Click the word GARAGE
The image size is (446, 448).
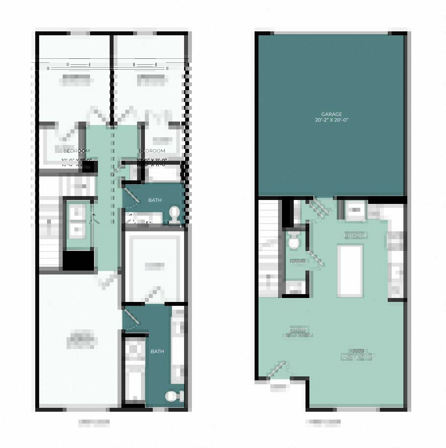pyautogui.click(x=331, y=114)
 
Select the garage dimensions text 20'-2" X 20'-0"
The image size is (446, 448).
pyautogui.click(x=331, y=120)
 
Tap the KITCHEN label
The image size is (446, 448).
pyautogui.click(x=355, y=236)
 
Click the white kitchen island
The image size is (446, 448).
pyautogui.click(x=350, y=271)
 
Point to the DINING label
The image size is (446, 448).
pyautogui.click(x=299, y=329)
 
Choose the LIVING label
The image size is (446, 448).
pyautogui.click(x=357, y=351)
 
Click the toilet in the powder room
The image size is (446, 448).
pyautogui.click(x=294, y=241)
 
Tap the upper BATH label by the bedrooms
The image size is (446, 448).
pyautogui.click(x=155, y=200)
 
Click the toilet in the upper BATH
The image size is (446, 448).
pyautogui.click(x=174, y=214)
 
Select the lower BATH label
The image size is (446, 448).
pyautogui.click(x=157, y=351)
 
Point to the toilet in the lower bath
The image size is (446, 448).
pyautogui.click(x=173, y=396)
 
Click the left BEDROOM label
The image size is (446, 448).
pyautogui.click(x=76, y=151)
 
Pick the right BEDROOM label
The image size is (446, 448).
pyautogui.click(x=152, y=151)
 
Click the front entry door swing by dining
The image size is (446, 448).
pyautogui.click(x=278, y=369)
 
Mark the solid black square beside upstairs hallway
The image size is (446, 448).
pyautogui.click(x=79, y=260)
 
